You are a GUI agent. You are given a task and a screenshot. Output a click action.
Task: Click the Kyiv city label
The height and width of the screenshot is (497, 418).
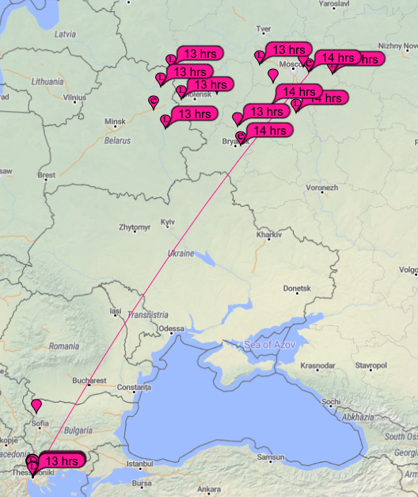167,222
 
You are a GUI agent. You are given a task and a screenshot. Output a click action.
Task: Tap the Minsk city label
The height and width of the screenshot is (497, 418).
116,122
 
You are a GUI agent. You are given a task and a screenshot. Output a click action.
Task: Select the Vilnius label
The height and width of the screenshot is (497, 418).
75,97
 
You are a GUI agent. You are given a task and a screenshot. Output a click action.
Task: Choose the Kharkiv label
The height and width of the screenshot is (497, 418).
269,235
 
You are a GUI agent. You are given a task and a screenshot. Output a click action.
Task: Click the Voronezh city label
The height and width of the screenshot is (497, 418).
322,188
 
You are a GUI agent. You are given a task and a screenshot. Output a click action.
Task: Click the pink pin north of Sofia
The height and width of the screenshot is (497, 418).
36,407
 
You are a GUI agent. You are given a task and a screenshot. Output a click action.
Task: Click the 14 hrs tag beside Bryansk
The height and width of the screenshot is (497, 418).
269,131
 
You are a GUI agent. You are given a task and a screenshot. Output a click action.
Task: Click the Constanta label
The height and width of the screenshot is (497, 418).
133,388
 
